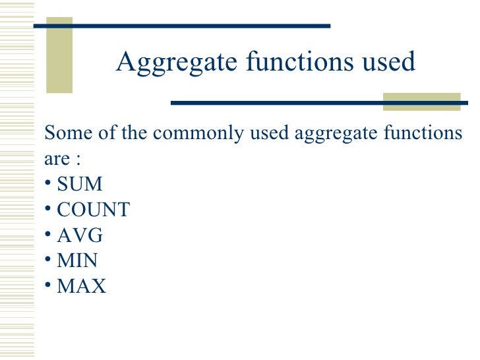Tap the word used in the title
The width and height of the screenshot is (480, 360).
tap(390, 62)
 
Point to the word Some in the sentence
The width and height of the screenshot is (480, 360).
tap(65, 133)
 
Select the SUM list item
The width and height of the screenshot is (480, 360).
tap(80, 183)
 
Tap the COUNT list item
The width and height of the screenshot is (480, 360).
tap(94, 210)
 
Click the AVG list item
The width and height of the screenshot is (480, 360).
tap(80, 235)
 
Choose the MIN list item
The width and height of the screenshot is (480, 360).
tap(78, 260)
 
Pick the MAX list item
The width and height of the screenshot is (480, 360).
tap(81, 286)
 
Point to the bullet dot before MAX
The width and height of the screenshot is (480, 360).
tap(48, 286)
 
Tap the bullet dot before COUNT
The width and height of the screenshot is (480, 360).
tap(48, 209)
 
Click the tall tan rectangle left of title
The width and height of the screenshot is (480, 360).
tap(59, 55)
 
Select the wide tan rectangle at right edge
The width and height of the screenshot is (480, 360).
tap(422, 102)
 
